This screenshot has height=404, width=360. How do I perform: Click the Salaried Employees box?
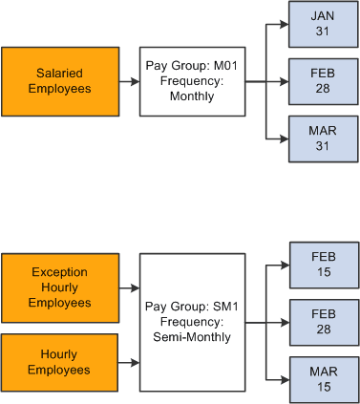tap(59, 81)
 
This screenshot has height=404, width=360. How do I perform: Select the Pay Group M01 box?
tap(192, 81)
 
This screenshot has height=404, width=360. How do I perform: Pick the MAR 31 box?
tap(325, 138)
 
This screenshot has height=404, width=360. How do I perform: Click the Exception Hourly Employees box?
tap(59, 287)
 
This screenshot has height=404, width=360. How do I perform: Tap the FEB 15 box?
tap(325, 266)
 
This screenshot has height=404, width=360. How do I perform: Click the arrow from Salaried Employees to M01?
tap(127, 82)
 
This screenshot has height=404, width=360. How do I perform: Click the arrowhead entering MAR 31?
tap(286, 138)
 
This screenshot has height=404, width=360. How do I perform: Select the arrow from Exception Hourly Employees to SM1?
tap(127, 287)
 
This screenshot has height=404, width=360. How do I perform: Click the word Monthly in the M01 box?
tap(192, 96)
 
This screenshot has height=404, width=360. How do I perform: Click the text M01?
tap(222, 66)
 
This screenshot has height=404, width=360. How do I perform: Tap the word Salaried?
tap(59, 74)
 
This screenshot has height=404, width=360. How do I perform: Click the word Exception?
tap(59, 272)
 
